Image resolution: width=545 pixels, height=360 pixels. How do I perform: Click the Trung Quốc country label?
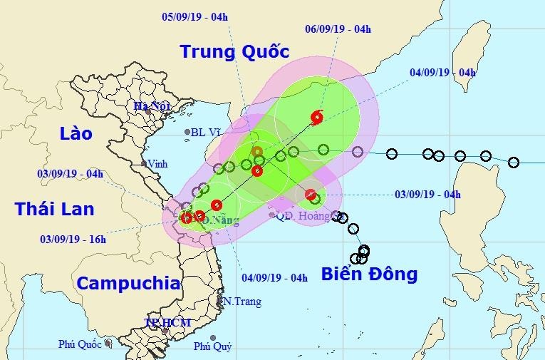click(234, 52)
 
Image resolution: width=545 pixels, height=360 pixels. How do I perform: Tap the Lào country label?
click(76, 133)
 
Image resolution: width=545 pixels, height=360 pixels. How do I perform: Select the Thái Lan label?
click(54, 208)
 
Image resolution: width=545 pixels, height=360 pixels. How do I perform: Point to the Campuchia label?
click(128, 283)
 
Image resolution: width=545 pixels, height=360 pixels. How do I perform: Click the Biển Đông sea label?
click(368, 274)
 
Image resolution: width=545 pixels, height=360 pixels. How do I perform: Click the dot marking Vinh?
click(144, 163)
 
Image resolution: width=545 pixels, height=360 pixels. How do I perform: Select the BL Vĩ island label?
click(206, 132)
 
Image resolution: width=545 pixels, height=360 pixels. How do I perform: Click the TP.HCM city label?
click(167, 323)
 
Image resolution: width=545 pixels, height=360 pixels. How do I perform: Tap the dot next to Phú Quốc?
click(108, 343)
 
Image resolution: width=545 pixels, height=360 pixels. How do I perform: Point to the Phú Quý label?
click(212, 347)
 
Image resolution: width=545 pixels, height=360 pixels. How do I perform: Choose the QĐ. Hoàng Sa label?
click(303, 215)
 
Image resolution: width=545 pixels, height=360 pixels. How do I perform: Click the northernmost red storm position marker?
click(316, 117)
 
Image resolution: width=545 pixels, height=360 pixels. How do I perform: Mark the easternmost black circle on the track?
click(514, 163)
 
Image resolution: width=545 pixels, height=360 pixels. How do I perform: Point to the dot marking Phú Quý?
click(212, 337)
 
